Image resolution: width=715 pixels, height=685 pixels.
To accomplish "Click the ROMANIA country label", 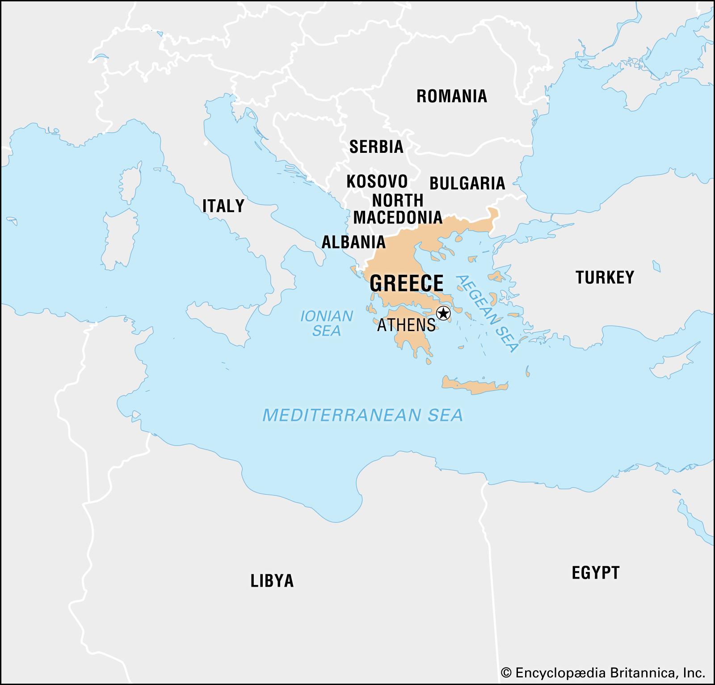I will point(451,96).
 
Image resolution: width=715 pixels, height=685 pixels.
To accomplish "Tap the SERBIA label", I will point(376,147).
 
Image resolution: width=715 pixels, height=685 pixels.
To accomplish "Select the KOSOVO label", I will point(377,181).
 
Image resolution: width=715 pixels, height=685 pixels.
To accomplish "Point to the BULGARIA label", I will point(467,183).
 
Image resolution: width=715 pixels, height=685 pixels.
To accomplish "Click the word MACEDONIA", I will point(398,218).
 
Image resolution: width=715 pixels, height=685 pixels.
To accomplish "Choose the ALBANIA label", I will point(353,242).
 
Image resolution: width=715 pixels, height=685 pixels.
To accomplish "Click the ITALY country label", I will point(223,206).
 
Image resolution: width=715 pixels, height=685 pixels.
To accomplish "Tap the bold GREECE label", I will point(407,283).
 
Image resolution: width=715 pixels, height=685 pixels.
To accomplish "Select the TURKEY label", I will point(605,277).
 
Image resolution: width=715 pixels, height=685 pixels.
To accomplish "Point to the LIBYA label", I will point(272,580).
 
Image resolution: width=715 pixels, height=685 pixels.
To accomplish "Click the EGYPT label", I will point(596,572).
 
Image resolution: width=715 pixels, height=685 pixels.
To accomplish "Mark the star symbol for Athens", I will point(443,314).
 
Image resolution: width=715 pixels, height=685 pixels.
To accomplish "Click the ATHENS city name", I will point(406,325).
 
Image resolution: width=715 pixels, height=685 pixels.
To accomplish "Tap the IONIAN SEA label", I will point(327,323).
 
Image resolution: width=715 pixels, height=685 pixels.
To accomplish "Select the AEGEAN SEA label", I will point(487,313).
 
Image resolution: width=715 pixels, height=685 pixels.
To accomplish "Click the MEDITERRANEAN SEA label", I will point(362,415).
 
